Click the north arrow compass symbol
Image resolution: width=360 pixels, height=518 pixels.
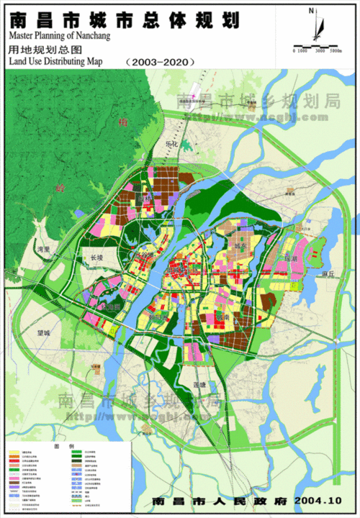[x=314, y=25]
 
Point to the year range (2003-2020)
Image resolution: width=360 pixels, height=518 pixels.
[x=160, y=62]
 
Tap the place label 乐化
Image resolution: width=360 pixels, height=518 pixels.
[x=171, y=144]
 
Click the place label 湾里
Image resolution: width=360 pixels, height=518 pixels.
[x=45, y=249]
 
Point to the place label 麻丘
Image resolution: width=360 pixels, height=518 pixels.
[x=329, y=274]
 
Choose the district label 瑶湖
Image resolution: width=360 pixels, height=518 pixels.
[x=290, y=257]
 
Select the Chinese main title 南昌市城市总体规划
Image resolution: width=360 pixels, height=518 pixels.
[x=125, y=17]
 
